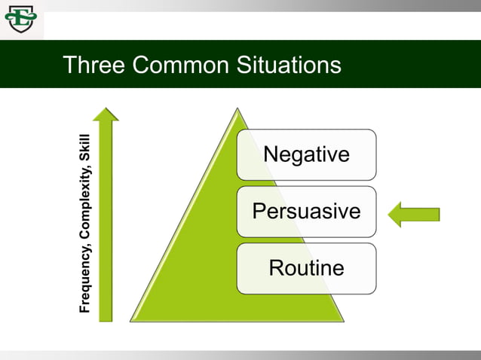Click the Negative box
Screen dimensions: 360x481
[x=306, y=154]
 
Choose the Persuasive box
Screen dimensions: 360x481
[x=306, y=211]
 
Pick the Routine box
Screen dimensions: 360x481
[x=306, y=267]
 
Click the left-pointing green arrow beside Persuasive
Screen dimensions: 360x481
[x=414, y=215]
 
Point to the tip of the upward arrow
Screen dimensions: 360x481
[x=106, y=110]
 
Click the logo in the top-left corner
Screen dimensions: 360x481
[x=20, y=19]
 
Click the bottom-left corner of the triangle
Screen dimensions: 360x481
[x=133, y=320]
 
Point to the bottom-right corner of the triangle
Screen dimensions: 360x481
[x=342, y=320]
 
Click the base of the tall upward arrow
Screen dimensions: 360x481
[x=106, y=318]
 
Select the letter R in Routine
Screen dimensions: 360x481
[x=277, y=267]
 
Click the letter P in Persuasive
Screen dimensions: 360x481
[x=259, y=211]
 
